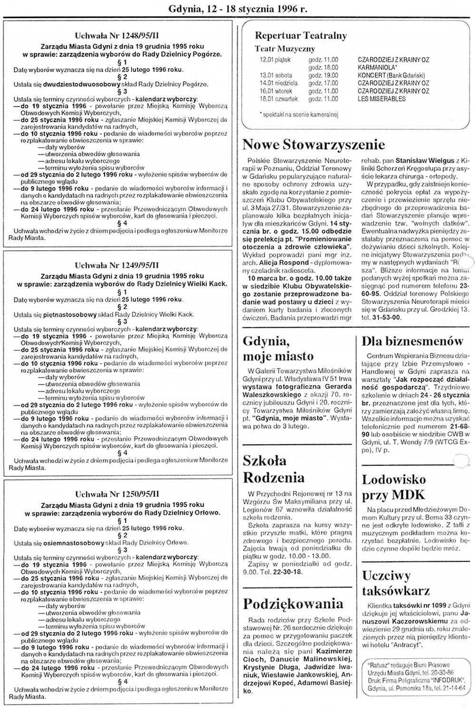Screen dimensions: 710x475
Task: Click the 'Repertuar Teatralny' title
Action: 301,36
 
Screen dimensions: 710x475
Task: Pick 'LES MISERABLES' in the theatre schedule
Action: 381,99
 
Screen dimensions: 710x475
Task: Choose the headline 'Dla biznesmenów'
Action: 412,341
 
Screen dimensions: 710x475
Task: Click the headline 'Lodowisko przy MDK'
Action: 394,487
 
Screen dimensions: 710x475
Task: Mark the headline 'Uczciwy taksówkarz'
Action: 396,583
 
